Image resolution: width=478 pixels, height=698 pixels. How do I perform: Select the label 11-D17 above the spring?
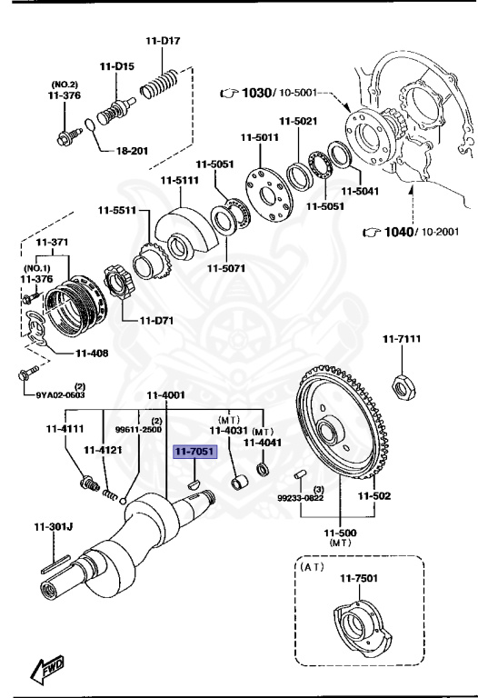(x=163, y=41)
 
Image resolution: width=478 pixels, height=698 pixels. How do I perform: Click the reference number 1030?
(x=257, y=94)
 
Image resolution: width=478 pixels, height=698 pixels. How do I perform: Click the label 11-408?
(x=93, y=353)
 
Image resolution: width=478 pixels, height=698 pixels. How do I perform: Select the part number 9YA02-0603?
(x=60, y=394)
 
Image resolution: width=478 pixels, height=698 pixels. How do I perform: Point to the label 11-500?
(x=339, y=532)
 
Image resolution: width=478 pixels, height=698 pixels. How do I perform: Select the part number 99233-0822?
(x=299, y=498)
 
